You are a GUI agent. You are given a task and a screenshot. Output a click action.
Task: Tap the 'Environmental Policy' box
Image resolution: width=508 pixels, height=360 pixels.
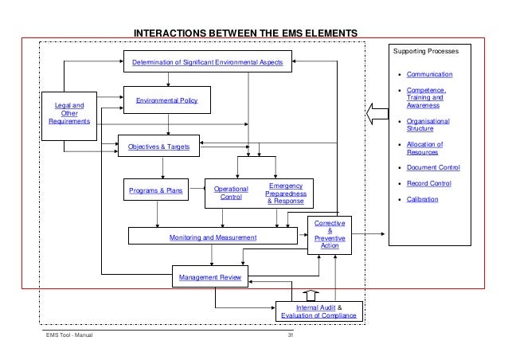167,101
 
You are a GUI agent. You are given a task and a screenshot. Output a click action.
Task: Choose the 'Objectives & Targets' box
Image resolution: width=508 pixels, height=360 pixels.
158,146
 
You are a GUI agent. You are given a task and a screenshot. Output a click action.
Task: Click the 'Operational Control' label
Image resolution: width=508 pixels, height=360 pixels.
230,193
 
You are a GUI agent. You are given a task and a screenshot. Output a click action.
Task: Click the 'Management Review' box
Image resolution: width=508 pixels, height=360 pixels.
211,278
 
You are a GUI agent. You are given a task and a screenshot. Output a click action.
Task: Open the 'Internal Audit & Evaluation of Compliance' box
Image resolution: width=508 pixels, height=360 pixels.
318,311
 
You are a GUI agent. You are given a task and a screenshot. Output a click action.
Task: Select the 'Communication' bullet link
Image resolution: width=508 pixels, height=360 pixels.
429,74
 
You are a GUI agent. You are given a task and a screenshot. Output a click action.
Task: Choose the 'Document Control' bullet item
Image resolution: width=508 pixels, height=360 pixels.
433,167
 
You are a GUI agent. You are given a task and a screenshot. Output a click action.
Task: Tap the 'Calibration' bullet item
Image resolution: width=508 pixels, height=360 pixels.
423,199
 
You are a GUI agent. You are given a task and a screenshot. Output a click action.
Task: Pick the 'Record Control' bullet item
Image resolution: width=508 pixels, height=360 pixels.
429,183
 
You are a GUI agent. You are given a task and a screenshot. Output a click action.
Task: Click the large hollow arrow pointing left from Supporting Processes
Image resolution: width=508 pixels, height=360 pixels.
376,117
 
